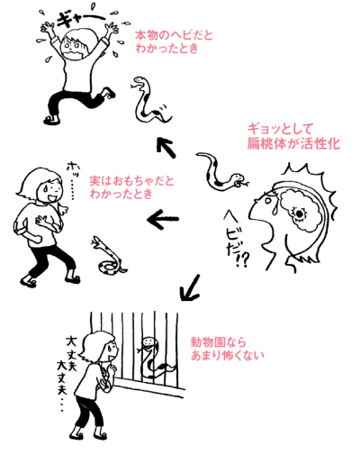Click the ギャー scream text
pos(78,20)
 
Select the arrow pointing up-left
pos(166,147)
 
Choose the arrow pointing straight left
pos(163,219)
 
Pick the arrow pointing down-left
pos(190,287)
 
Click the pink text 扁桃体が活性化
pos(293,143)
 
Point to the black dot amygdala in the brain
pos(299,214)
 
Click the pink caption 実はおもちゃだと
pos(131,181)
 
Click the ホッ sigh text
pos(71,180)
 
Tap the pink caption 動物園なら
pos(219,342)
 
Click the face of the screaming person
pos(74,46)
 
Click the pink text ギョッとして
pos(280,130)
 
